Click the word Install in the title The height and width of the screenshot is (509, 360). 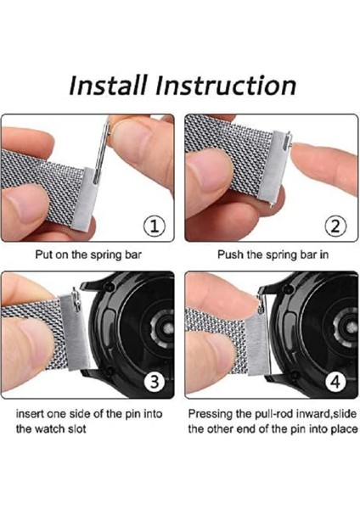pos(108,85)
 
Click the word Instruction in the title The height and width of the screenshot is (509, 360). pos(226,85)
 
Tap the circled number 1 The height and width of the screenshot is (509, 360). pos(155,226)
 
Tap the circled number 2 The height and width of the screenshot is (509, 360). pos(335,226)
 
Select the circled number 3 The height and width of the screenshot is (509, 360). pos(155,382)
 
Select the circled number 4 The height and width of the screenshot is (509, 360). pos(335,382)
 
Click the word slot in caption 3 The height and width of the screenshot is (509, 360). pos(77,429)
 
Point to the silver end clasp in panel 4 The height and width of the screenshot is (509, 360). pos(257,344)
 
